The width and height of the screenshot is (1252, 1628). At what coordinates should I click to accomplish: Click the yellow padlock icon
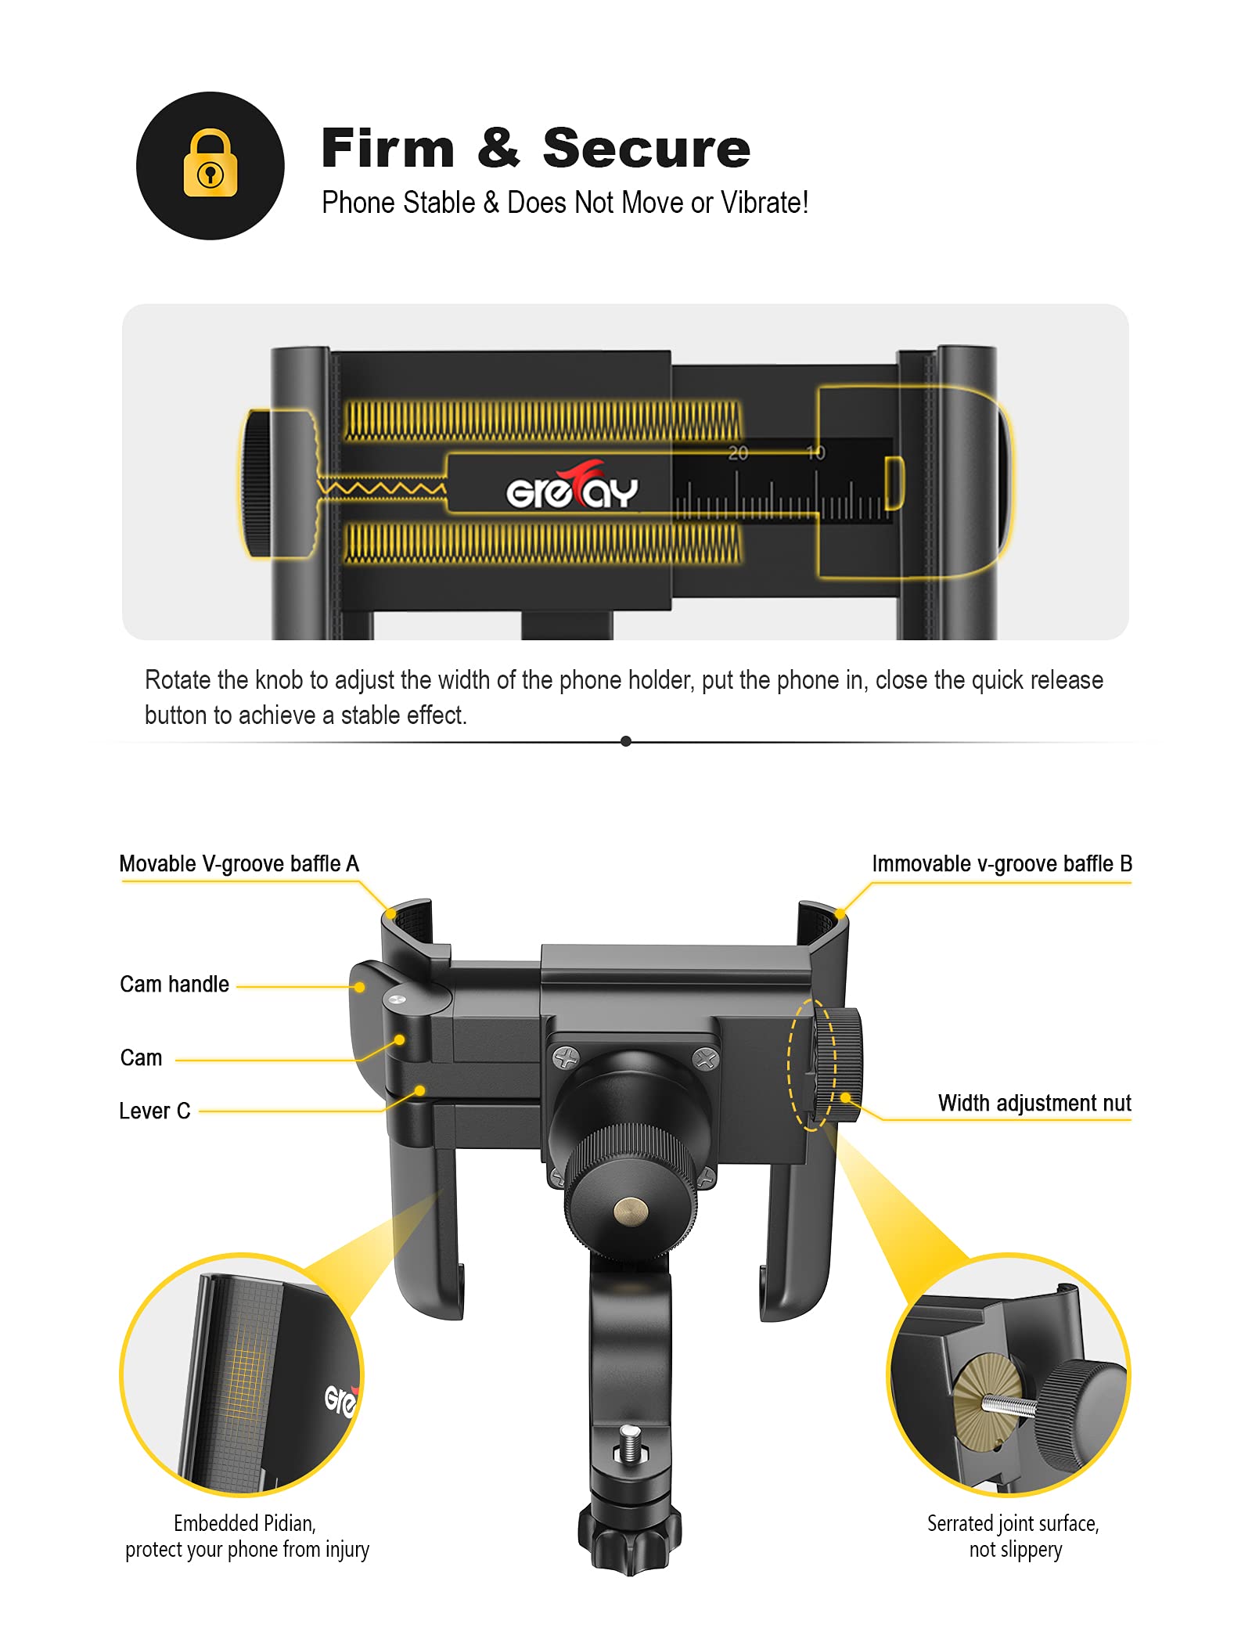pyautogui.click(x=210, y=164)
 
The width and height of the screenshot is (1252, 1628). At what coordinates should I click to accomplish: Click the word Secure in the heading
pyautogui.click(x=646, y=148)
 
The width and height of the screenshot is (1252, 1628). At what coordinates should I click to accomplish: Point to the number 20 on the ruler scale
pyautogui.click(x=738, y=453)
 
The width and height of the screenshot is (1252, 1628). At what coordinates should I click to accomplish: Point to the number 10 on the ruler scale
pyautogui.click(x=815, y=453)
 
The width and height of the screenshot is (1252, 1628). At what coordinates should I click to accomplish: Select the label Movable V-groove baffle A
pyautogui.click(x=239, y=864)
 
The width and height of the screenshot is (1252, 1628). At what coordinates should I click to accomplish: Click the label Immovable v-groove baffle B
pyautogui.click(x=1002, y=864)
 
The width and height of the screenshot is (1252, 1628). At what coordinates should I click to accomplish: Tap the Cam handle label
pyautogui.click(x=174, y=985)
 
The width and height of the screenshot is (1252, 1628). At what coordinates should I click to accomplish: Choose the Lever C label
pyautogui.click(x=154, y=1111)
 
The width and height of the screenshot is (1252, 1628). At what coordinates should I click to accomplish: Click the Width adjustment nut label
pyautogui.click(x=1034, y=1104)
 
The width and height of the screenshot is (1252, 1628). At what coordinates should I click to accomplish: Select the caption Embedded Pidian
pyautogui.click(x=244, y=1523)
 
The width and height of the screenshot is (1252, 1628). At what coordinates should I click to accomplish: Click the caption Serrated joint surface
pyautogui.click(x=1013, y=1523)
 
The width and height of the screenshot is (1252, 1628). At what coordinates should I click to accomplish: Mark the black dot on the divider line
pyautogui.click(x=625, y=741)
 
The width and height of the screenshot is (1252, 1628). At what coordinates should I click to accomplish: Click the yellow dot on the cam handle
pyautogui.click(x=360, y=988)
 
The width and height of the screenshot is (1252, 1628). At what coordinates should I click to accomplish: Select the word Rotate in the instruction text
pyautogui.click(x=178, y=680)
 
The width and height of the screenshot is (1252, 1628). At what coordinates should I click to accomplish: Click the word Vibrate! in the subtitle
pyautogui.click(x=764, y=203)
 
